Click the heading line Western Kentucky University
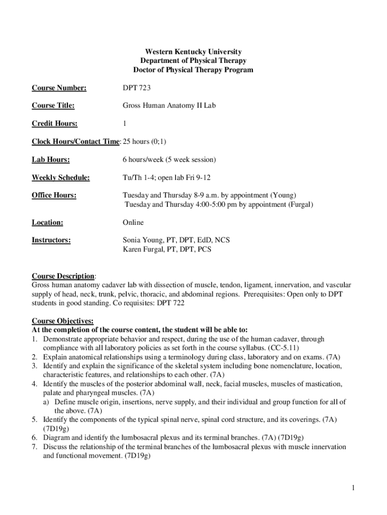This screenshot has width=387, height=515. pos(193,52)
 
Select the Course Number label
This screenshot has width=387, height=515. pos(59,88)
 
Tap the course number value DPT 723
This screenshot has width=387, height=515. pos(137,88)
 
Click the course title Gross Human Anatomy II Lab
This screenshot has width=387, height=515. pos(169,106)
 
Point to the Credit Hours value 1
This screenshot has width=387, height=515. pos(125,124)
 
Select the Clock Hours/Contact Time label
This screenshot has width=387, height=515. pos(75,142)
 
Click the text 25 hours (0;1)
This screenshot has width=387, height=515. pos(146,142)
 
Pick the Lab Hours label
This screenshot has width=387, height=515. pos(51,160)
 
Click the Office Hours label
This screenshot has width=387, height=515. pos(54,195)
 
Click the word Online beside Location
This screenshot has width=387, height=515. pos(133,222)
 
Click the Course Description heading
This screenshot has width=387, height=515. pos(63,276)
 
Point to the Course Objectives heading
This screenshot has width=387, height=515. pos(63,321)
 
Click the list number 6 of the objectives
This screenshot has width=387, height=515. pos(34,438)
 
